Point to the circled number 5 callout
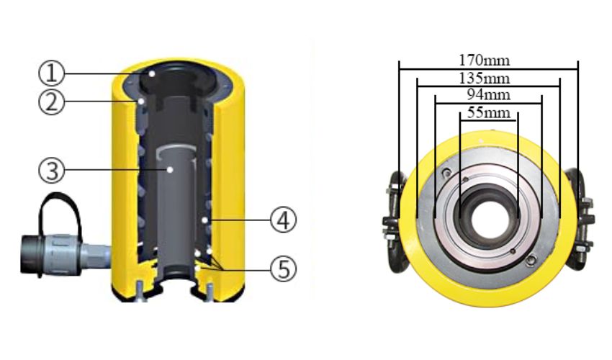coord(283,269)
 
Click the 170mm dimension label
coord(488,60)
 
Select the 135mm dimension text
coord(488,78)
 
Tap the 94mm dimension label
coord(488,95)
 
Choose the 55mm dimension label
coord(488,112)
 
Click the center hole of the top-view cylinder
coord(488,212)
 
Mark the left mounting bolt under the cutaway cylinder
coord(138,292)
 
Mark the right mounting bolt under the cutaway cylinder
coord(209,292)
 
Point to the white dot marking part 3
coord(169,170)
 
